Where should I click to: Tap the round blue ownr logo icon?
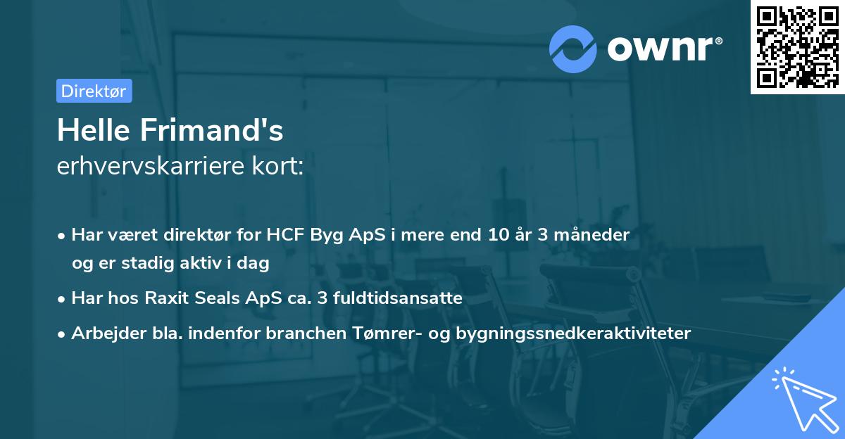(x=572, y=49)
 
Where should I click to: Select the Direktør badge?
(x=94, y=91)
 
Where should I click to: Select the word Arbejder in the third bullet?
(x=104, y=333)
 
